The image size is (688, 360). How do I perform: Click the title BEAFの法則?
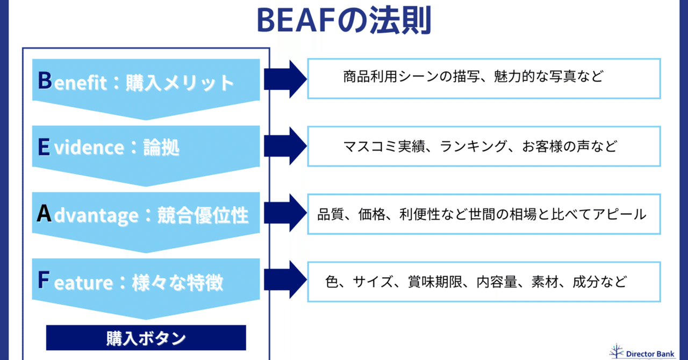click(344, 20)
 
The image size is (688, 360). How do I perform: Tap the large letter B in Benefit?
click(45, 81)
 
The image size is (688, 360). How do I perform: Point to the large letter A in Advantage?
click(45, 214)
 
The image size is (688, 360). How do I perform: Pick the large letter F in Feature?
click(44, 280)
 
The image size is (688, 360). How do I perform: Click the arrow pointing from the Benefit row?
click(284, 80)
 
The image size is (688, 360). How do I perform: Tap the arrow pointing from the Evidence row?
click(284, 146)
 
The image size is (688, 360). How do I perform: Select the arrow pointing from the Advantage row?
click(284, 213)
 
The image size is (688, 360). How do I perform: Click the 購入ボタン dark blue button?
click(146, 338)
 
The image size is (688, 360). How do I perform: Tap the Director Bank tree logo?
click(617, 351)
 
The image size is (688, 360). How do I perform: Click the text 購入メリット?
click(180, 83)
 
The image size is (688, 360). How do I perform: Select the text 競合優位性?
click(203, 215)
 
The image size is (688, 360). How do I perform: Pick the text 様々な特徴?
click(177, 282)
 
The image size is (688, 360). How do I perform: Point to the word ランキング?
click(474, 146)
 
